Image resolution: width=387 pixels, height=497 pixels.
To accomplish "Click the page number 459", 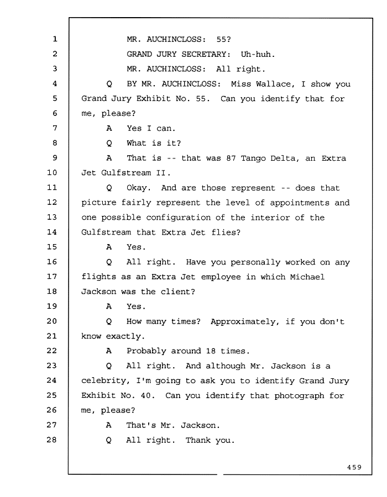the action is pos(354,467).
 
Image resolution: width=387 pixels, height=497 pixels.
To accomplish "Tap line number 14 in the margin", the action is pos(52,232).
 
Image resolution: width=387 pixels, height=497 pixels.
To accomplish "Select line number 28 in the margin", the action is pos(52,440).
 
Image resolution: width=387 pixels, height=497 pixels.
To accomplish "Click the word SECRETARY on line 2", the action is pos(206,54).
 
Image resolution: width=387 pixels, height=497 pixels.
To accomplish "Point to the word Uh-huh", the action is pos(258,54).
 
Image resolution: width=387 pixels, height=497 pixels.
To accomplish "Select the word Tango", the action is pos(253,158).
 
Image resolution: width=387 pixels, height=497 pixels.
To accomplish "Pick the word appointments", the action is pos(300,203).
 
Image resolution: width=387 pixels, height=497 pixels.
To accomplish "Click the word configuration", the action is pos(178,218).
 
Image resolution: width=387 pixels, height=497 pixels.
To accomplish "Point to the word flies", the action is pos(226,232).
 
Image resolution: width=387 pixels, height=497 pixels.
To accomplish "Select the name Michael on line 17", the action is pos(307,277).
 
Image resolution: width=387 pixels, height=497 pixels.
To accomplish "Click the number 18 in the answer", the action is pos(211,351).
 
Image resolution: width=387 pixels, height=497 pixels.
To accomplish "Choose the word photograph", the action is pos(299,396).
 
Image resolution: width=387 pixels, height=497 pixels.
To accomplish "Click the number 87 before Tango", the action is pos(231,158).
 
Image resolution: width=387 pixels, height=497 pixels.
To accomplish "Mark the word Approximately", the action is pos(245,322).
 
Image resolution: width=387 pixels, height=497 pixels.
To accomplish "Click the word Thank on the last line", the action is pos(198,440).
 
